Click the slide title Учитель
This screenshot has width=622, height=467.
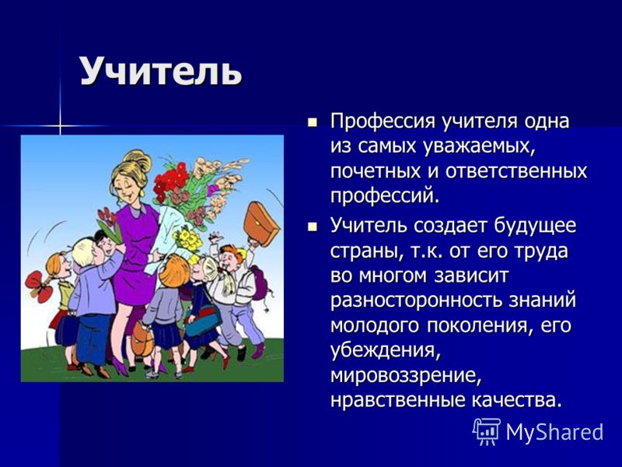[x=161, y=72]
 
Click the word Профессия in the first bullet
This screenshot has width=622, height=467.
[x=383, y=121]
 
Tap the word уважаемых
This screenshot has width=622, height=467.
[x=480, y=147]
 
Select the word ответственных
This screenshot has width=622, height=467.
[x=515, y=170]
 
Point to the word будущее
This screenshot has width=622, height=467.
[x=535, y=226]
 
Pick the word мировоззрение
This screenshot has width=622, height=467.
[x=406, y=376]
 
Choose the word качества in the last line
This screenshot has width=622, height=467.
[x=517, y=400]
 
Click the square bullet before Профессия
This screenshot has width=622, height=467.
[x=313, y=122]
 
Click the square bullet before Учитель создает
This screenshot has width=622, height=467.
[x=313, y=227]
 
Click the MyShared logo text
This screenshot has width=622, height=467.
[x=554, y=432]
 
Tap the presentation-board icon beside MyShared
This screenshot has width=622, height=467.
[x=487, y=432]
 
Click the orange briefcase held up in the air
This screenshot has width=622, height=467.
[x=261, y=224]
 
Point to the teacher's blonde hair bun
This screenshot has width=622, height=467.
[x=138, y=160]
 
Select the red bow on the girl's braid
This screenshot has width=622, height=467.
[x=38, y=286]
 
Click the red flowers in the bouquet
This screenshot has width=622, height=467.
[x=170, y=181]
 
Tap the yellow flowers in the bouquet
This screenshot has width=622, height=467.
[x=188, y=240]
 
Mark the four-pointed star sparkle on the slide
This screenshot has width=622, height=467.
[x=61, y=126]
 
